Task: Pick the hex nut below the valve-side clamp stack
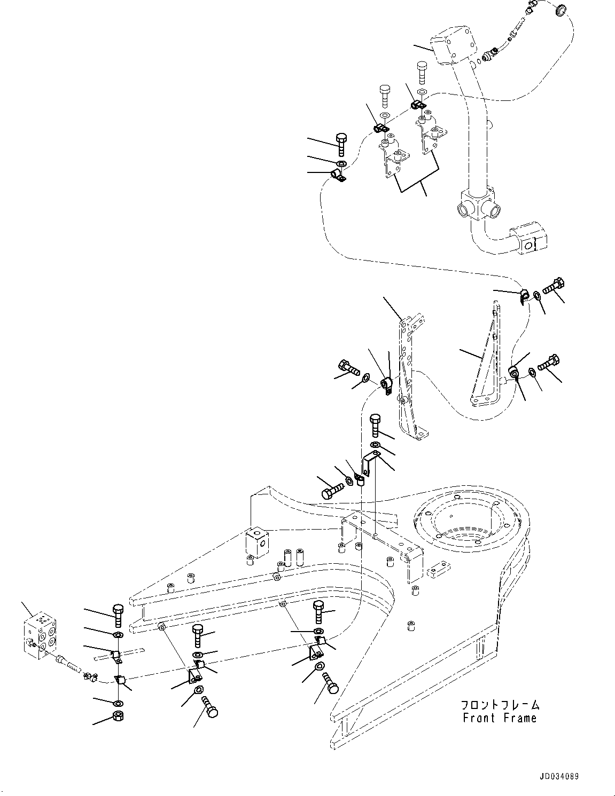pos(118,715)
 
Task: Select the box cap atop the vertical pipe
pos(454,46)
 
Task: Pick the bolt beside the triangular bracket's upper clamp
pos(553,286)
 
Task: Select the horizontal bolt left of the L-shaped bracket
pos(332,490)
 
